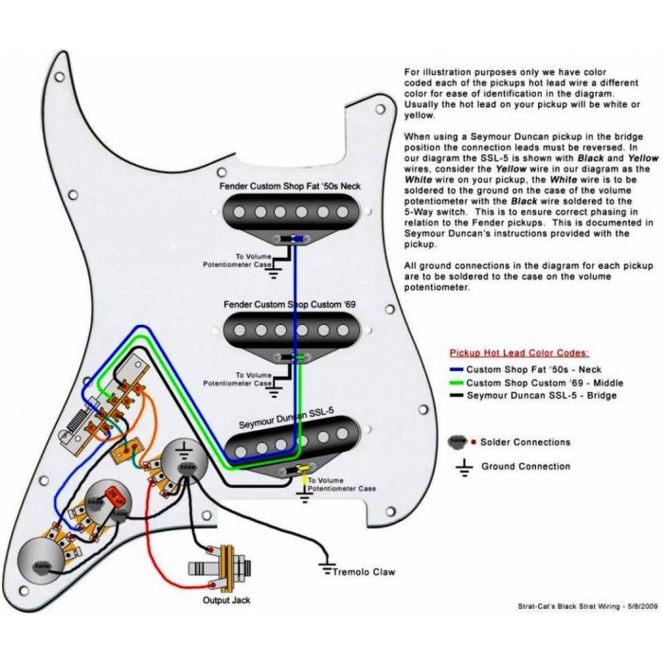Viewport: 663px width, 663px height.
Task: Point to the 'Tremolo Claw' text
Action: pos(364,572)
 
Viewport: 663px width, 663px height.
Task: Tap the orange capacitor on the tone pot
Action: pos(116,495)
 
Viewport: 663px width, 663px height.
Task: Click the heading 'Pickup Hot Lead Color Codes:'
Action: pos(512,351)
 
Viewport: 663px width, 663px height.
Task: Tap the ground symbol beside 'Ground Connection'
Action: pos(464,466)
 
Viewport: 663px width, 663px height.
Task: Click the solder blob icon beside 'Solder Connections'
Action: pos(457,441)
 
